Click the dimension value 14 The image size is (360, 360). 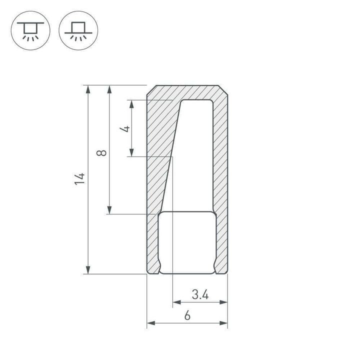[80, 179]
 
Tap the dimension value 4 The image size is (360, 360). [126, 128]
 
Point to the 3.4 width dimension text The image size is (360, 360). [199, 295]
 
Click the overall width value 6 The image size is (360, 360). [187, 316]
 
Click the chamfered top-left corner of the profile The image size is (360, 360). [149, 90]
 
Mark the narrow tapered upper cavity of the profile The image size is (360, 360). [192, 150]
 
